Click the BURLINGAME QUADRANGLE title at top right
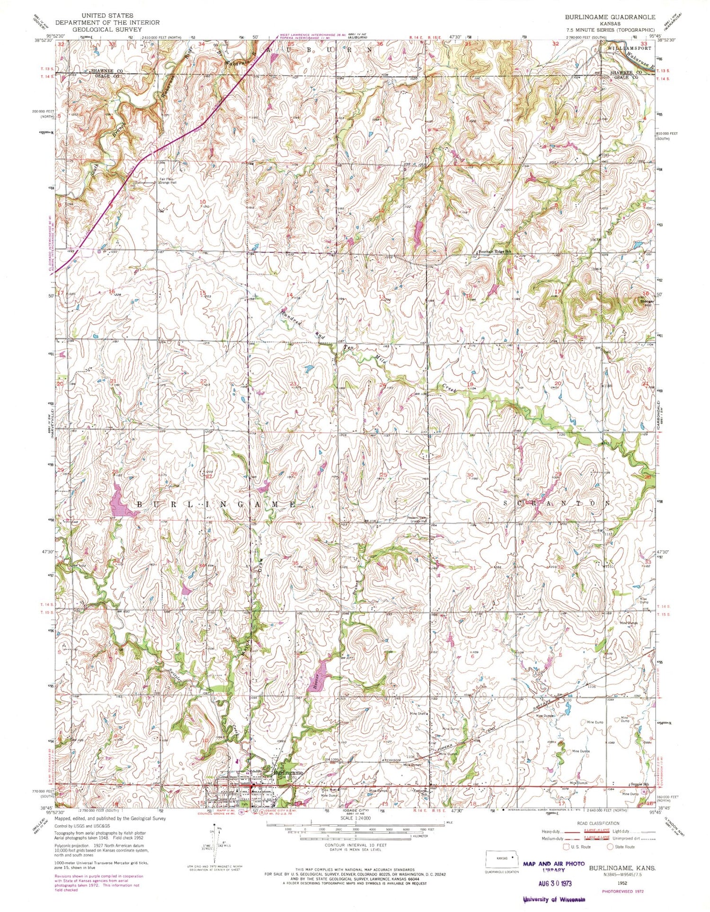(x=610, y=17)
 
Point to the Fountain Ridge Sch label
(x=496, y=252)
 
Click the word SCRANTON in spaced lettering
(x=557, y=503)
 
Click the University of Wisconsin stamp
(x=554, y=900)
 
